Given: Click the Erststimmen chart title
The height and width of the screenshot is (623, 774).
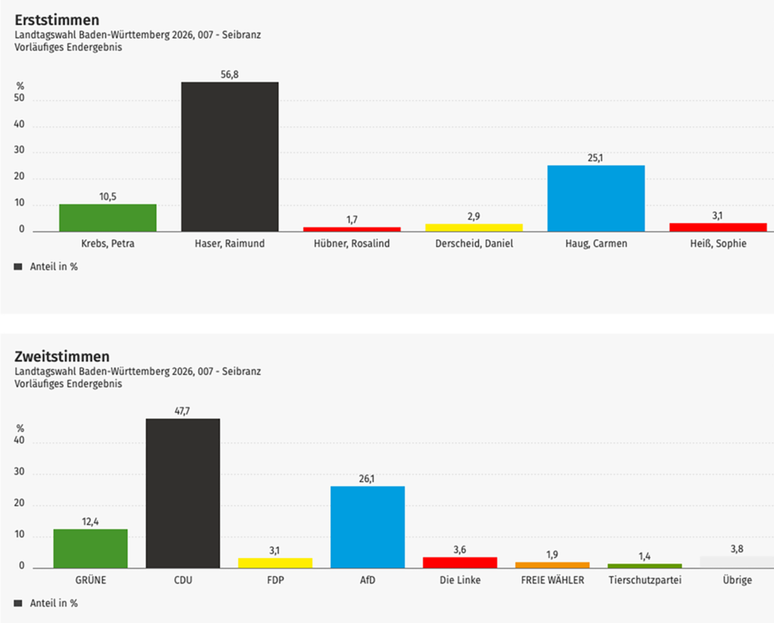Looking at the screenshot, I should pyautogui.click(x=57, y=20).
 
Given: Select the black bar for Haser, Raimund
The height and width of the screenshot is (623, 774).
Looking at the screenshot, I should pyautogui.click(x=230, y=157).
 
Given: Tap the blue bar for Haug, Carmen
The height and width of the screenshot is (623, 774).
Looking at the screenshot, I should pyautogui.click(x=596, y=198).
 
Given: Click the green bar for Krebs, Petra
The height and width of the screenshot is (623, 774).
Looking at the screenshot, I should pyautogui.click(x=107, y=218).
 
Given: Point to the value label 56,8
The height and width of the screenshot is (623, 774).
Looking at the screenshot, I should pyautogui.click(x=230, y=74).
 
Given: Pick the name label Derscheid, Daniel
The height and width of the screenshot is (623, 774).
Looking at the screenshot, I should pyautogui.click(x=473, y=243).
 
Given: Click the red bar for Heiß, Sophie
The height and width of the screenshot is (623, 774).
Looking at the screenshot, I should pyautogui.click(x=717, y=227).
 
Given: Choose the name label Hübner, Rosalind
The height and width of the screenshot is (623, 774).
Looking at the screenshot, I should pyautogui.click(x=351, y=243).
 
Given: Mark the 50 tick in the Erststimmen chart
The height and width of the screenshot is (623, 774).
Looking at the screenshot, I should pyautogui.click(x=20, y=99).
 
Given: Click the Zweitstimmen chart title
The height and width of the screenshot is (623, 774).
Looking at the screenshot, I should pyautogui.click(x=62, y=356).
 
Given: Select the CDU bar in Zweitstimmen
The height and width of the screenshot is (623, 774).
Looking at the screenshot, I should pyautogui.click(x=183, y=493).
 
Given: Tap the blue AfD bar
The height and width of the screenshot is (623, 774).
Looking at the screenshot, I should pyautogui.click(x=367, y=527).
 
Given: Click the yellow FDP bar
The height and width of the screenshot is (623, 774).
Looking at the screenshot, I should pyautogui.click(x=275, y=563).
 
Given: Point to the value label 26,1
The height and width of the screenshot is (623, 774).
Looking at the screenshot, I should pyautogui.click(x=367, y=479).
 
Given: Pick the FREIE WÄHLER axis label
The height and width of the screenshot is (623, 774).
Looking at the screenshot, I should pyautogui.click(x=553, y=581).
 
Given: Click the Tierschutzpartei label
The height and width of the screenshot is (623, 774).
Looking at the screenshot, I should pyautogui.click(x=645, y=581).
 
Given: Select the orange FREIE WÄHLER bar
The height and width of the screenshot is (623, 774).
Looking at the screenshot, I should pyautogui.click(x=553, y=565).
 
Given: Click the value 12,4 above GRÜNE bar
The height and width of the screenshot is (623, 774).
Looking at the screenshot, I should pyautogui.click(x=90, y=521).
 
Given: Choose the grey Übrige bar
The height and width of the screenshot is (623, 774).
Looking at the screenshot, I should pyautogui.click(x=736, y=562).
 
